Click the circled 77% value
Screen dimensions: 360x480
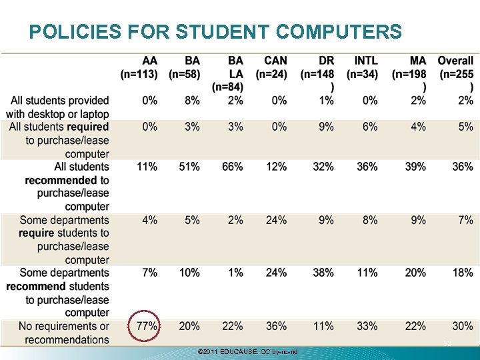(147, 326)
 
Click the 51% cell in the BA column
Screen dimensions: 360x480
(189, 167)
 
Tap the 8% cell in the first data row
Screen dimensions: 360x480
(192, 101)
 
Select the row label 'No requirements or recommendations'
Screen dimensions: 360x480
(64, 333)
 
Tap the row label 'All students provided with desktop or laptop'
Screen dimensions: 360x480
(59, 107)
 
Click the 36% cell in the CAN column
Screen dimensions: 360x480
(276, 326)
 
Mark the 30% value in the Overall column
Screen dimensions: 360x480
(463, 326)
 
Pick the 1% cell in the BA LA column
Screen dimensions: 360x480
(235, 273)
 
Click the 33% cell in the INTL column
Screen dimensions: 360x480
(367, 326)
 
